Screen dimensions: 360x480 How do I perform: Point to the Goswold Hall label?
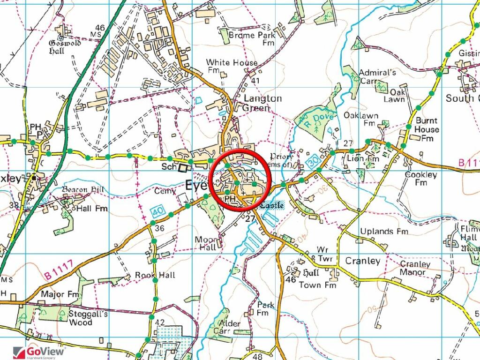pyautogui.click(x=65, y=47)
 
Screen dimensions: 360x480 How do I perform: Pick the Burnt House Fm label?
pyautogui.click(x=427, y=129)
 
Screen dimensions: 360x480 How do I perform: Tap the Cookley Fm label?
pyautogui.click(x=420, y=179)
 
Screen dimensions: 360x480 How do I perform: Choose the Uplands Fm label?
pyautogui.click(x=384, y=232)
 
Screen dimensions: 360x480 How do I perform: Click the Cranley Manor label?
pyautogui.click(x=415, y=268)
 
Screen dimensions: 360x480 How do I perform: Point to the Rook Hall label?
pyautogui.click(x=155, y=275)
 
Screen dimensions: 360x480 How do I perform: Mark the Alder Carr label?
pyautogui.click(x=230, y=327)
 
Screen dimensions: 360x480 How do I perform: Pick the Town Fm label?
pyautogui.click(x=317, y=285)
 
